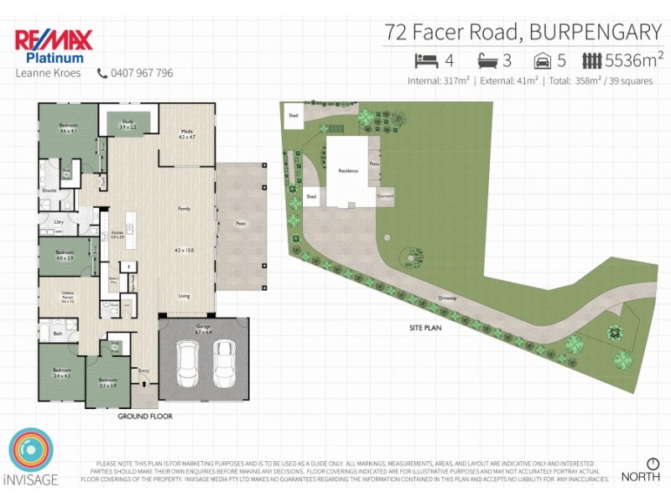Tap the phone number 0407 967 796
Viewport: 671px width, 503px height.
pyautogui.click(x=142, y=73)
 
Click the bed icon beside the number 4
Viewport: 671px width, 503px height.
pyautogui.click(x=426, y=60)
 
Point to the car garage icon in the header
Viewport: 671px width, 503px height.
pyautogui.click(x=543, y=60)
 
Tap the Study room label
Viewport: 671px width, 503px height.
pyautogui.click(x=128, y=122)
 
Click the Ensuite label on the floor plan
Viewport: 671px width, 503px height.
pyautogui.click(x=49, y=191)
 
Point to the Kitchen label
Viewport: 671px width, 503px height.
pyautogui.click(x=117, y=234)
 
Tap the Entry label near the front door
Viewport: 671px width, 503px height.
pyautogui.click(x=143, y=370)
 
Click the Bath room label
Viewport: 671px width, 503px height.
pyautogui.click(x=57, y=334)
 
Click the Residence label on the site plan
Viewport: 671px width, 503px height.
pyautogui.click(x=348, y=171)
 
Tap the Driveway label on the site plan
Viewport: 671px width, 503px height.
pyautogui.click(x=446, y=297)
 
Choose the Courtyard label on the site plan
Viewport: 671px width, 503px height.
pyautogui.click(x=385, y=196)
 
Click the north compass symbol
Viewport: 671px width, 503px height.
pyautogui.click(x=653, y=463)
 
